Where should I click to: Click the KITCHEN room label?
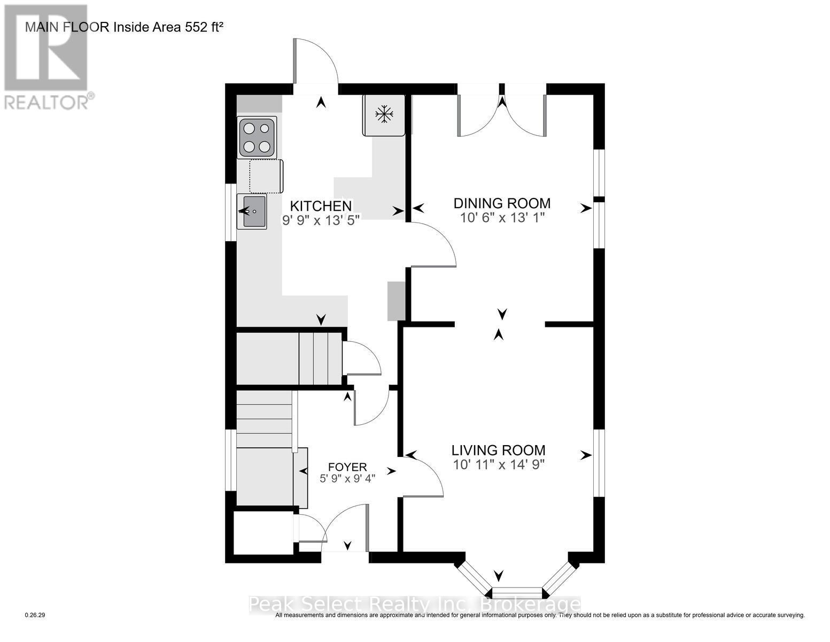click(x=321, y=206)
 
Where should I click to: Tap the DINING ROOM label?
click(x=502, y=203)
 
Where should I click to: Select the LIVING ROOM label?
click(x=498, y=450)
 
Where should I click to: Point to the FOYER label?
click(x=347, y=467)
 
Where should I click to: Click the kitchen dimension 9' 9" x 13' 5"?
click(x=321, y=220)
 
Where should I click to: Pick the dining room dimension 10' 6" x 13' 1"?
click(x=502, y=218)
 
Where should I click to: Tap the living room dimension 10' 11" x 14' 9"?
click(x=499, y=464)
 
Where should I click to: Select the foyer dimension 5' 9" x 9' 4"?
click(x=347, y=478)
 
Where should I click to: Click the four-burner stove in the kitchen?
click(x=257, y=137)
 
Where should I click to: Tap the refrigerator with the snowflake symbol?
click(x=384, y=115)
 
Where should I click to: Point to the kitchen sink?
click(x=252, y=211)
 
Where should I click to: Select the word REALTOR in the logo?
click(x=46, y=103)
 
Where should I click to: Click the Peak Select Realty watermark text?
click(x=414, y=604)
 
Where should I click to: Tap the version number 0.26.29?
click(x=35, y=615)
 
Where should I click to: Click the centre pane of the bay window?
click(x=517, y=593)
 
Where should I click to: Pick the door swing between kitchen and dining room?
click(x=433, y=244)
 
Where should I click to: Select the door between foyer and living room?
click(x=422, y=477)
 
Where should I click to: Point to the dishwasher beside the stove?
click(x=266, y=176)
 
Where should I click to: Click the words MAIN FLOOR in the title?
click(x=67, y=27)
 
